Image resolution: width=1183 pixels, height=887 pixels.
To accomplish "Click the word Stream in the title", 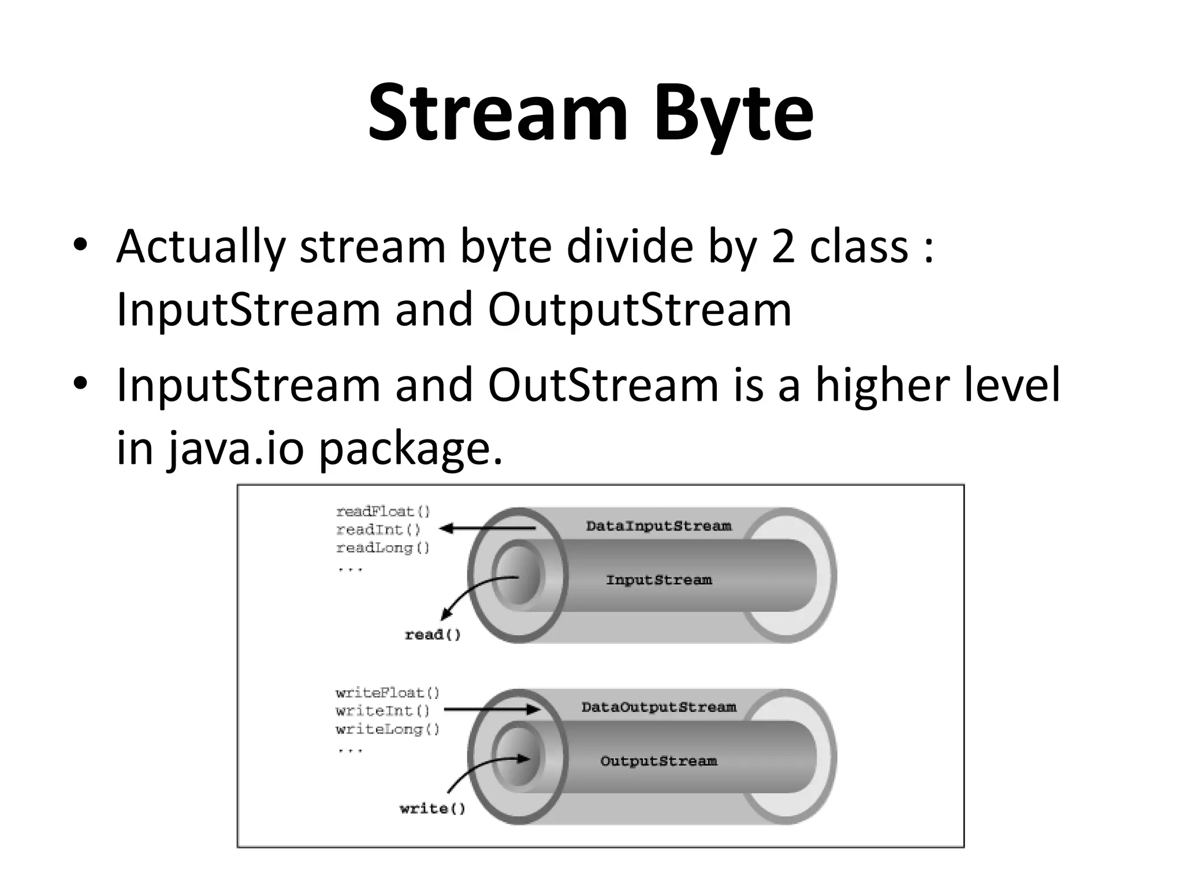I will point(497,113).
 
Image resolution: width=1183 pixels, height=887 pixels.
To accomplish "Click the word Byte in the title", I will point(734,113).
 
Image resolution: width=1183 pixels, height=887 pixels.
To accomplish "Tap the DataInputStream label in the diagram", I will point(659,526).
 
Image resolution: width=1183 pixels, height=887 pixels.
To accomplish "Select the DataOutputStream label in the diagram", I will point(659,707).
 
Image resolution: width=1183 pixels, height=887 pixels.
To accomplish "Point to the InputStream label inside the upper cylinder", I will point(659,580).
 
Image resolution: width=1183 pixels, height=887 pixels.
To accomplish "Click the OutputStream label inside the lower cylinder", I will point(659,761).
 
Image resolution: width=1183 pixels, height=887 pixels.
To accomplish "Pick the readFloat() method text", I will point(383,512).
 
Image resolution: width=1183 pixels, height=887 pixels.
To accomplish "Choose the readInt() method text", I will point(378,530).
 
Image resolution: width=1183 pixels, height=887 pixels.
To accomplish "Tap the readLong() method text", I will point(383,548).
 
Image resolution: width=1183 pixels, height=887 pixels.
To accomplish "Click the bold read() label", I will point(433,635).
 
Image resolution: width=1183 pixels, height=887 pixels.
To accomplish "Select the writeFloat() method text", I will point(387,693).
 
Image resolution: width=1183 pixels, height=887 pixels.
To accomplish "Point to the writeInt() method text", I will point(382,711).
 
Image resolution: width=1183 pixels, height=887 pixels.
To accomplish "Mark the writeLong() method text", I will point(387,729).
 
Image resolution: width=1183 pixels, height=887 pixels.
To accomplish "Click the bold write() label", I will point(432,809).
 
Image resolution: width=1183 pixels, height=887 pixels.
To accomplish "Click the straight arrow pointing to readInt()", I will point(488,528).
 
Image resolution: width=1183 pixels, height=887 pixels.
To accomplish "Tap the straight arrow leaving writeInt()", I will point(491,710).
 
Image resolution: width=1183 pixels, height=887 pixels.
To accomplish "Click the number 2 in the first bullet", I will point(783,247).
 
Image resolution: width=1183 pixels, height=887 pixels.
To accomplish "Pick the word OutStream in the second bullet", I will point(603,385).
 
